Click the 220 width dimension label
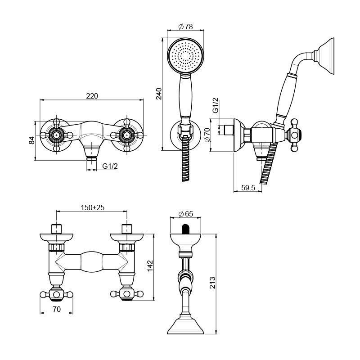point(92,96)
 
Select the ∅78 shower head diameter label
point(186,26)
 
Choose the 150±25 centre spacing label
point(93,207)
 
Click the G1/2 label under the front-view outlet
point(110,166)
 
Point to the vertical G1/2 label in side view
point(215,105)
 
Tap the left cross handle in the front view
point(56,135)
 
